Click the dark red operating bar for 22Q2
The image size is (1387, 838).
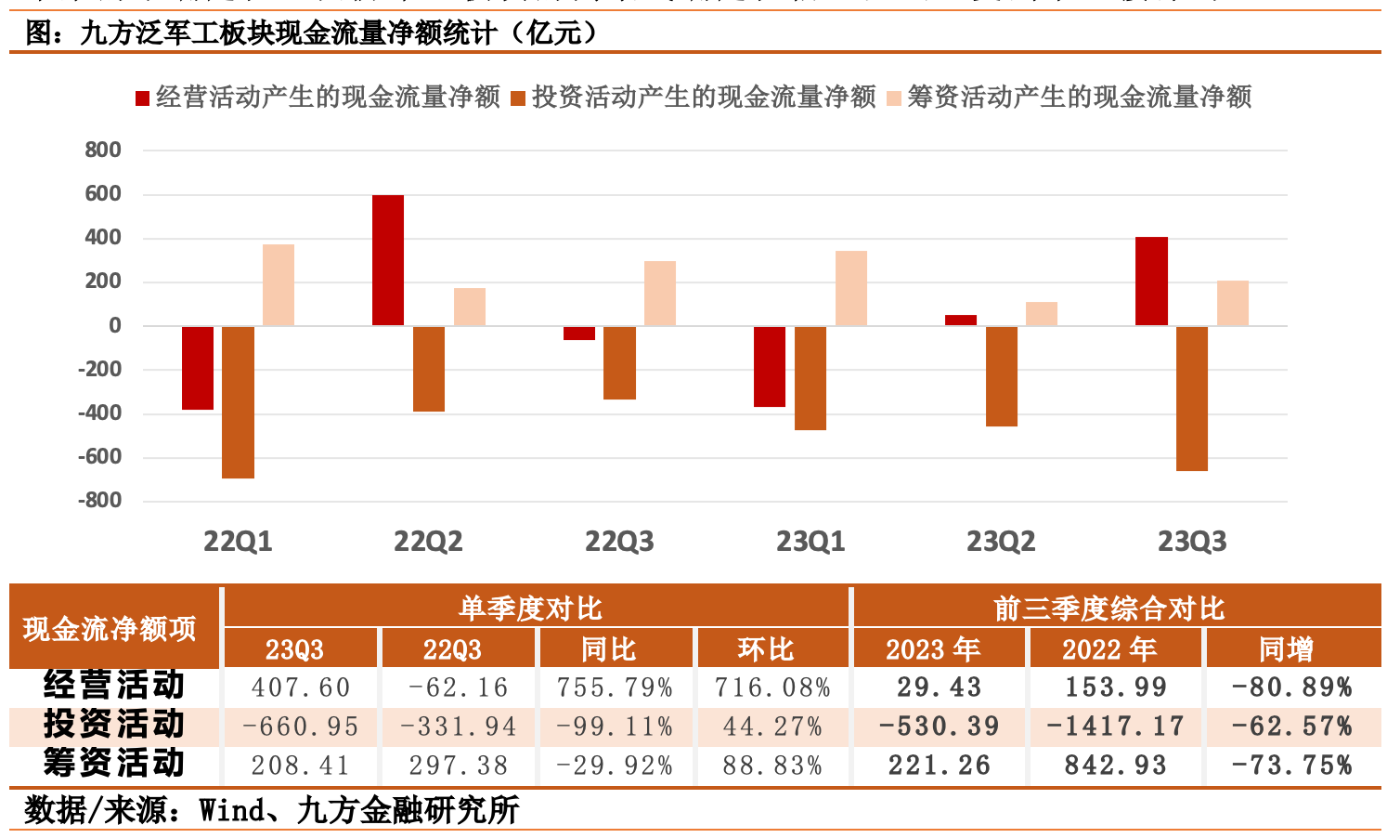coord(388,260)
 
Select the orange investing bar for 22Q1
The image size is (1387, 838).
coord(239,402)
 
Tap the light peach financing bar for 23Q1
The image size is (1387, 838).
coord(851,288)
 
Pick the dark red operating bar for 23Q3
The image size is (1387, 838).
coord(1151,282)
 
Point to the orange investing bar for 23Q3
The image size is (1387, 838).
coord(1192,399)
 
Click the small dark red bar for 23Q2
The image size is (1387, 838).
coord(961,321)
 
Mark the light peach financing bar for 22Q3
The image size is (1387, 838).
coord(660,294)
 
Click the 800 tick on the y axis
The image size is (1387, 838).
coord(103,150)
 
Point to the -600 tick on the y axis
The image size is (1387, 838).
coord(99,457)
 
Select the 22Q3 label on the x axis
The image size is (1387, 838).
coord(619,542)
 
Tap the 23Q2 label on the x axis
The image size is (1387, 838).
coord(1001,542)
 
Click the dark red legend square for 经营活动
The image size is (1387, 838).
coord(143,98)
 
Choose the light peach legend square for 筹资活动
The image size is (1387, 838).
coord(894,98)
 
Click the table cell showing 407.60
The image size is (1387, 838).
coord(301,687)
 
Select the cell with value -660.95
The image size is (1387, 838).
coord(301,727)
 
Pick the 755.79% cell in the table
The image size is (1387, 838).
coord(615,687)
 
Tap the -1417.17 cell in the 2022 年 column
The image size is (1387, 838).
coord(1115,727)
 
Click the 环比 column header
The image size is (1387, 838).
coord(766,648)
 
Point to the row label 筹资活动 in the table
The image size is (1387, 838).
coord(114,764)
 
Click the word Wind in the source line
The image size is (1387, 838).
coord(233,810)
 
